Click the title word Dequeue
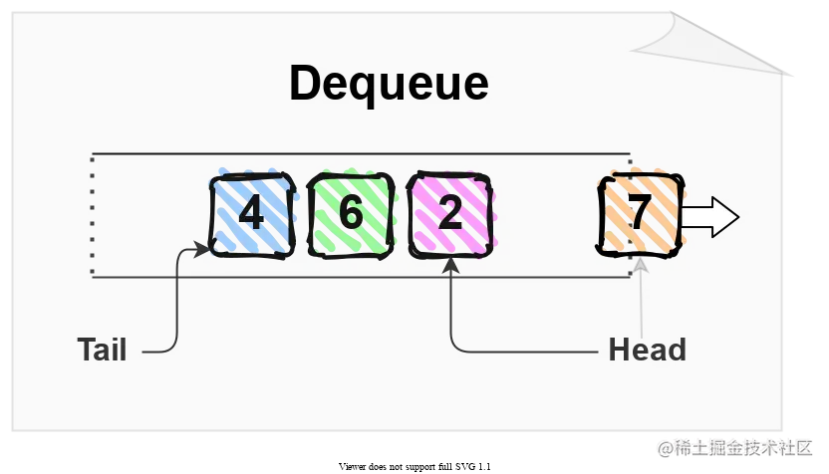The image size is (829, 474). point(389,84)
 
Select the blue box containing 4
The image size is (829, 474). point(251,214)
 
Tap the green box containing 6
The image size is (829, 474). point(351,214)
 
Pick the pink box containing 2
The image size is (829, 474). point(450,214)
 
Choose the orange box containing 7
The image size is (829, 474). point(640,214)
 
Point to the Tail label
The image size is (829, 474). point(102,350)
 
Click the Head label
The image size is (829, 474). point(647,350)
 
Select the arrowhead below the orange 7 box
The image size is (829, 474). point(641,264)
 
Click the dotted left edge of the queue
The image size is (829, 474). point(92,215)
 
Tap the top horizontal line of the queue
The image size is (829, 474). point(359,154)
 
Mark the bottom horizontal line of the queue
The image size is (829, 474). point(359,277)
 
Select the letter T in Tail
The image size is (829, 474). point(86,350)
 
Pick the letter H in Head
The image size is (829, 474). point(619,350)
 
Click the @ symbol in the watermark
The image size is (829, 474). point(662,447)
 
